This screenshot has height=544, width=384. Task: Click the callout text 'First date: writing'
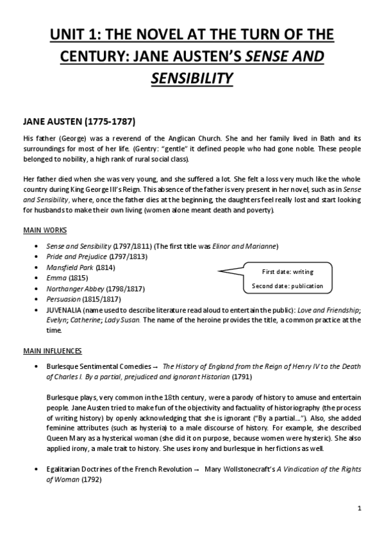(288, 272)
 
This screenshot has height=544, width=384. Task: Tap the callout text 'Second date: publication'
(288, 285)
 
